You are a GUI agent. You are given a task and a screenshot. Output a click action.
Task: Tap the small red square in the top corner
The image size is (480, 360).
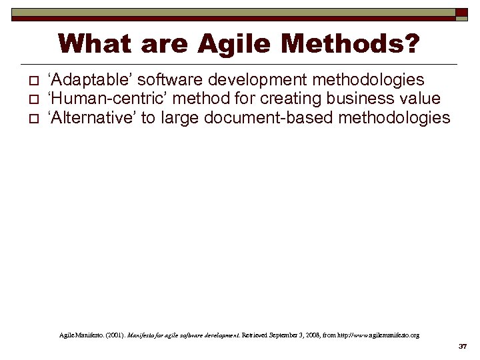point(462,13)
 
